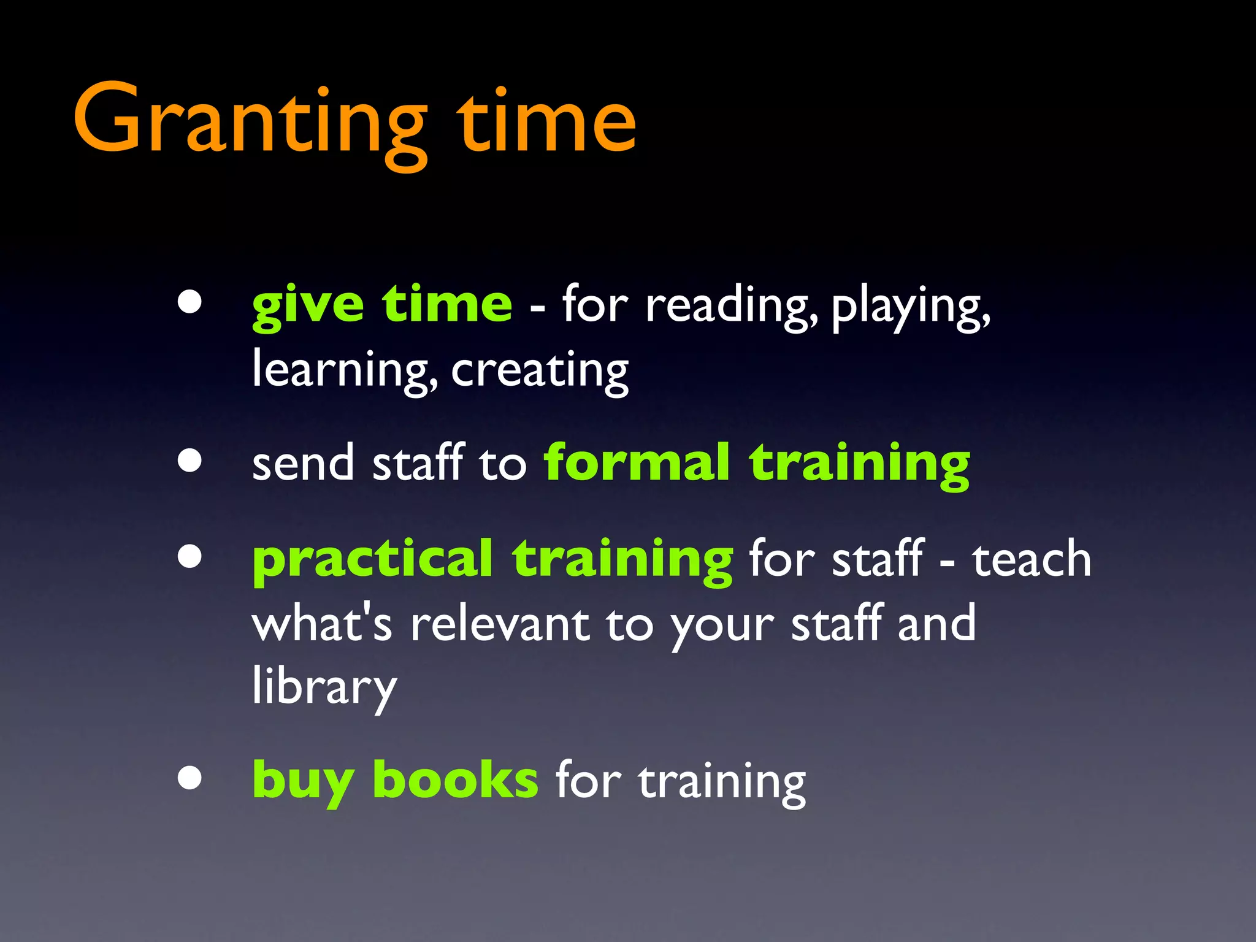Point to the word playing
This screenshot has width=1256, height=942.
point(910,305)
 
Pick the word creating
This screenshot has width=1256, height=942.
point(540,370)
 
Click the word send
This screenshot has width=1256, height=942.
point(303,463)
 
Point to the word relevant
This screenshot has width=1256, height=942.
point(500,624)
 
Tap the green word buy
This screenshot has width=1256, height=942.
point(303,781)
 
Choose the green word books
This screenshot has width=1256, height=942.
point(455,781)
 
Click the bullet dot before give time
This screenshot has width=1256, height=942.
point(190,301)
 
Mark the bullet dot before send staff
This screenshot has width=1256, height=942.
point(190,460)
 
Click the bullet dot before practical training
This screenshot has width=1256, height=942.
point(190,556)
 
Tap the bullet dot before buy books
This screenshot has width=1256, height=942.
point(190,778)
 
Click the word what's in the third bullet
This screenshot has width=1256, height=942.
point(321,624)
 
